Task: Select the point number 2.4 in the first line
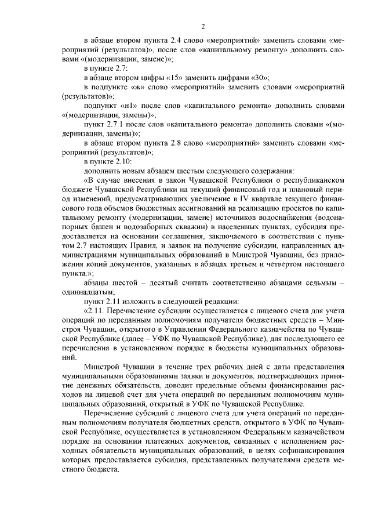[x=177, y=41]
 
